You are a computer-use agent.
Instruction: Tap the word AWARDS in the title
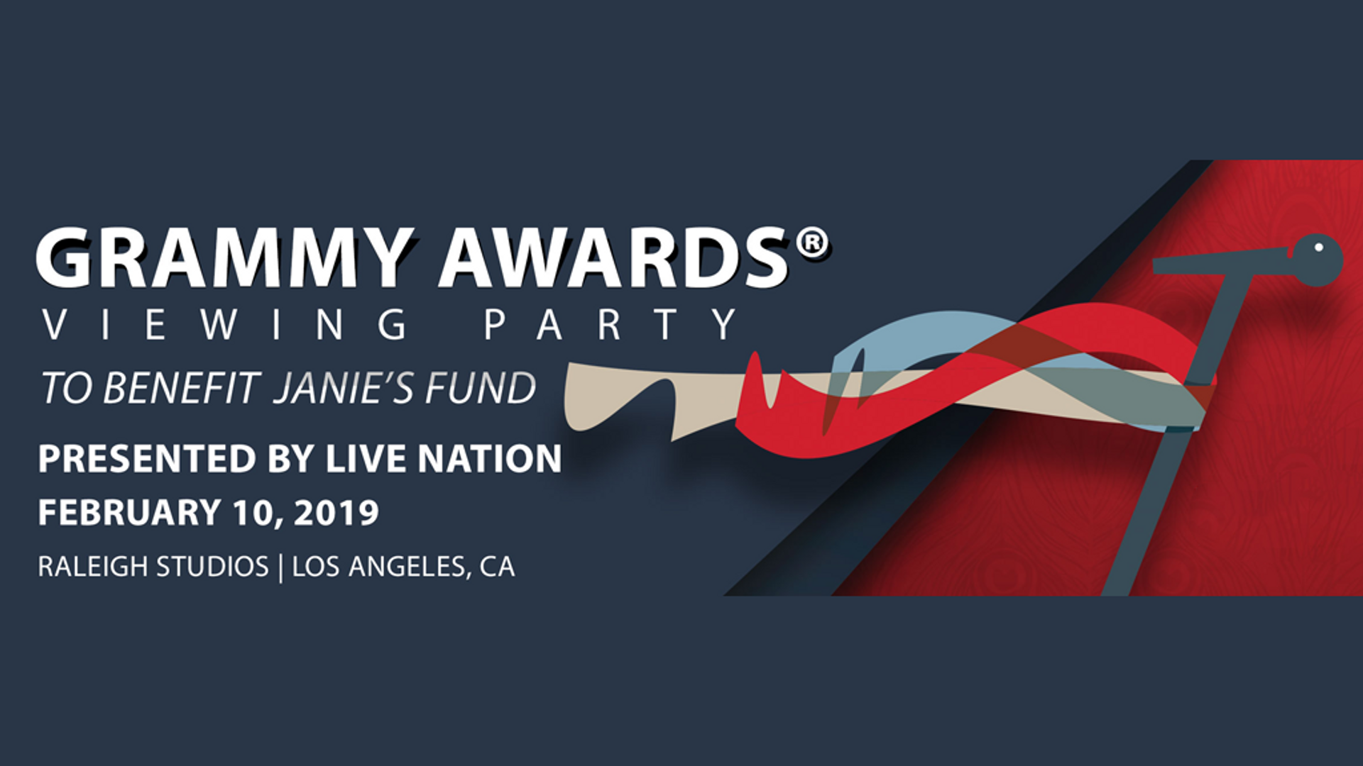pos(613,257)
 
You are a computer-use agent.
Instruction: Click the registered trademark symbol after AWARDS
pos(811,244)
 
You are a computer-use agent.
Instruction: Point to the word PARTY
pos(611,325)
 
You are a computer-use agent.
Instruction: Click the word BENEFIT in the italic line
pos(182,389)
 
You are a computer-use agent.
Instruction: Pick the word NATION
pos(490,458)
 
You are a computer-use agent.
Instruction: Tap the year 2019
pos(336,512)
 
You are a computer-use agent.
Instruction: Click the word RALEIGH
pos(93,567)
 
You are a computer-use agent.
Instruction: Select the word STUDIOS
pos(212,567)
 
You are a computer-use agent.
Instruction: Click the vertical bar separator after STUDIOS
pos(280,567)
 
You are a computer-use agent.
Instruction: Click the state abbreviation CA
pos(497,567)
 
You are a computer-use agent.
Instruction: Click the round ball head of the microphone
pos(1317,260)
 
